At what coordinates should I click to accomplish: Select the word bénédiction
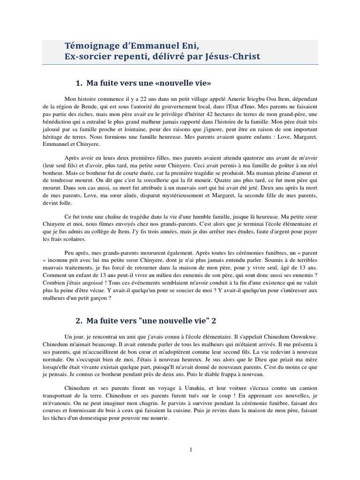64,123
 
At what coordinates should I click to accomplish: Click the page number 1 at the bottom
191,450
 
